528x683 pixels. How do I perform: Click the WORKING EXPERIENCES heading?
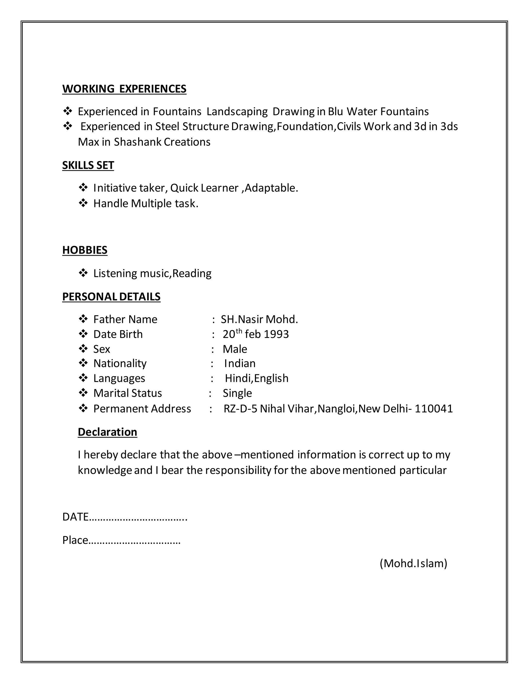click(x=124, y=89)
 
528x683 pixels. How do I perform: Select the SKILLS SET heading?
click(x=88, y=165)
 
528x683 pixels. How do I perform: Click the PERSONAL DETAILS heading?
click(x=111, y=296)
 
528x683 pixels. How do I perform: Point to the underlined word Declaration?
click(x=107, y=432)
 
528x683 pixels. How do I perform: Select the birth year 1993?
click(x=276, y=334)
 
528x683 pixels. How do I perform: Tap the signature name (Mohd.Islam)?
click(x=413, y=563)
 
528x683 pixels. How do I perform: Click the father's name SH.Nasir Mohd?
click(x=259, y=319)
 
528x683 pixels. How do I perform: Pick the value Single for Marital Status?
click(x=237, y=393)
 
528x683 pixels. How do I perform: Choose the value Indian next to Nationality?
click(x=240, y=363)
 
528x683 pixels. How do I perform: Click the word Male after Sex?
click(x=235, y=349)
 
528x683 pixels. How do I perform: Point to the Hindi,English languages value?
click(x=257, y=378)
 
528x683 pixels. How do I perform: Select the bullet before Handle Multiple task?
click(x=83, y=203)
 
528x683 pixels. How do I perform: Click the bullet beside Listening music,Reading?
click(x=83, y=273)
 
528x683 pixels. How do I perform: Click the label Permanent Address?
click(x=142, y=409)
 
